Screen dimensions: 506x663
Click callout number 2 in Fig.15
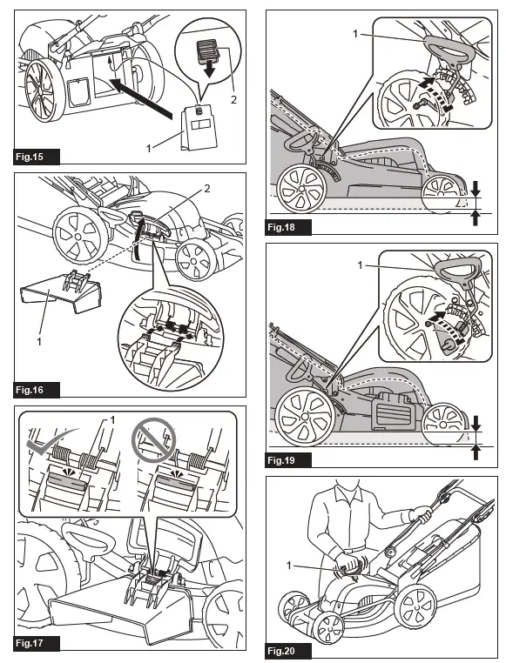[x=233, y=100]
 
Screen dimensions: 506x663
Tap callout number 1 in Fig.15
[x=149, y=149]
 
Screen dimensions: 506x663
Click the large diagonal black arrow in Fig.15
[x=141, y=97]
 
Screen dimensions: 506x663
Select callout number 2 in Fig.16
[x=207, y=189]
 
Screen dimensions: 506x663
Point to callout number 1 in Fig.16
[x=39, y=341]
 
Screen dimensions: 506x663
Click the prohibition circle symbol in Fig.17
[x=153, y=439]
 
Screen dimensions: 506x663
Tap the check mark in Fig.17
[x=51, y=442]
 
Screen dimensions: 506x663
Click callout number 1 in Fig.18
[x=355, y=33]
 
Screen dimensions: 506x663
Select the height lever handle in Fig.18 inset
[x=448, y=51]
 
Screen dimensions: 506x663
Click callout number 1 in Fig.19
[x=360, y=265]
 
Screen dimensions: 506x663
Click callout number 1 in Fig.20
[x=289, y=565]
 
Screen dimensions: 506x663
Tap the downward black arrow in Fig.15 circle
[x=208, y=70]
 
